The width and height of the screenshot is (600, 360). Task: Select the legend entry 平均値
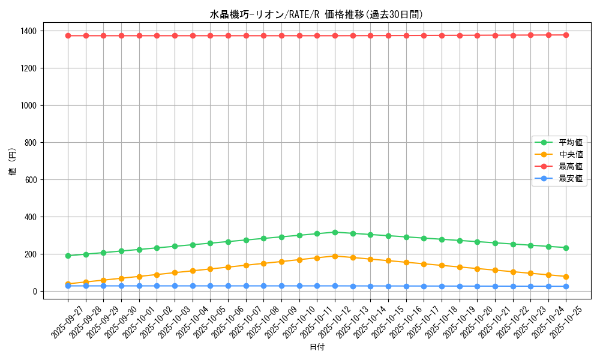tap(571, 143)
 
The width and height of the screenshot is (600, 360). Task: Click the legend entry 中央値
tap(571, 155)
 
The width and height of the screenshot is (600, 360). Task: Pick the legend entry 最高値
tap(571, 166)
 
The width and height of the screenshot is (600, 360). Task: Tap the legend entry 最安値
tap(571, 178)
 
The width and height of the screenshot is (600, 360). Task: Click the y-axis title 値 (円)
tap(13, 161)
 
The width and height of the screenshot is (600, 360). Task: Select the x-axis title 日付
tap(317, 347)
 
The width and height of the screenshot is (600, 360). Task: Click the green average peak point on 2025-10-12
tap(335, 232)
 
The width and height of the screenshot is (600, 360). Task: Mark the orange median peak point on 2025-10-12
tap(335, 256)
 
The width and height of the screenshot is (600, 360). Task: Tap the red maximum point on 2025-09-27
tap(68, 35)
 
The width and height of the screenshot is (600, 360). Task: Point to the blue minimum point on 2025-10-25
tap(566, 286)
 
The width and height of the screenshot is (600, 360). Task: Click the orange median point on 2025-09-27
tap(68, 284)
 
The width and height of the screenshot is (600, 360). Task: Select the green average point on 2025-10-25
tap(566, 248)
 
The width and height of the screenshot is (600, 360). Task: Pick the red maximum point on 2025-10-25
tap(566, 35)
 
